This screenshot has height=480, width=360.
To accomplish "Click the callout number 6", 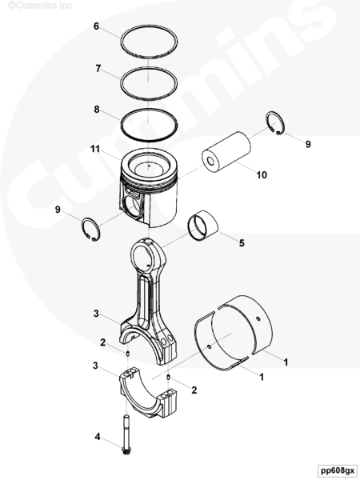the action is click(x=96, y=26).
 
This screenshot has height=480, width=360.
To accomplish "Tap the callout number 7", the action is click(x=98, y=68).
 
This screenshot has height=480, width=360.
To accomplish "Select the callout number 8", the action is click(x=97, y=110).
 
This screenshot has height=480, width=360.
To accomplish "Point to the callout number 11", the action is click(x=95, y=149).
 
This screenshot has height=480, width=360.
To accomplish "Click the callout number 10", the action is click(x=262, y=174).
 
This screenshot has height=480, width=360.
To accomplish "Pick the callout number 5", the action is click(x=242, y=243).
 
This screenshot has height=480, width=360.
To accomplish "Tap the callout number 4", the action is click(x=98, y=437).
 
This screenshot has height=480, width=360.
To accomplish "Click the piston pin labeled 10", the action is click(x=226, y=152).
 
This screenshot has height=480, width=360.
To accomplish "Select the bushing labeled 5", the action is click(x=202, y=226).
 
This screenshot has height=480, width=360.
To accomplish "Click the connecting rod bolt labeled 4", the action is click(x=126, y=434).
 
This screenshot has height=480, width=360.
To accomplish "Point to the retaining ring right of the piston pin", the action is click(x=275, y=123).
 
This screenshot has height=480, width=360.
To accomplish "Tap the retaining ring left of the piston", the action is click(x=90, y=229).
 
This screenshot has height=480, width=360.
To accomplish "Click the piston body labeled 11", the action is click(x=149, y=188).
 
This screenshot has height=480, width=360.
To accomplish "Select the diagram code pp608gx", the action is click(x=338, y=470).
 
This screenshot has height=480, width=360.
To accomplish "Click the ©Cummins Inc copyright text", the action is click(x=40, y=6).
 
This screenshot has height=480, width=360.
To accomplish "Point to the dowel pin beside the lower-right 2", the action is click(x=168, y=377).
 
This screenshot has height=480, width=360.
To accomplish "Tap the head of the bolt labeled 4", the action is click(x=126, y=450).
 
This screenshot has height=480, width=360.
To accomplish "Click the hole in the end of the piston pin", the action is click(x=210, y=162).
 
